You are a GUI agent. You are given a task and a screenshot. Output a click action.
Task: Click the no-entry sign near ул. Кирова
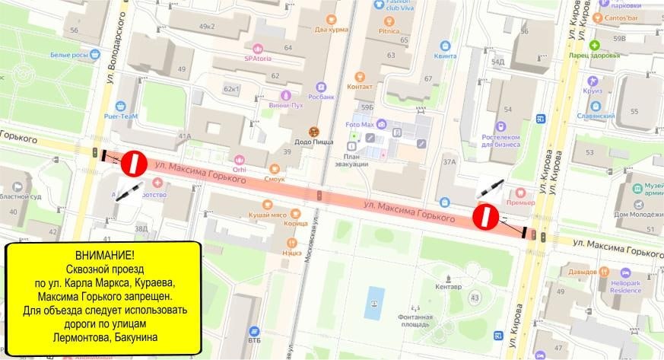pos(484,216)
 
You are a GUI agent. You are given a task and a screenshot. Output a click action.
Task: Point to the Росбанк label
pos(322,97)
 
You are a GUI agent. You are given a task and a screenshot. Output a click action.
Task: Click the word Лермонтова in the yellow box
pos(81,337)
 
